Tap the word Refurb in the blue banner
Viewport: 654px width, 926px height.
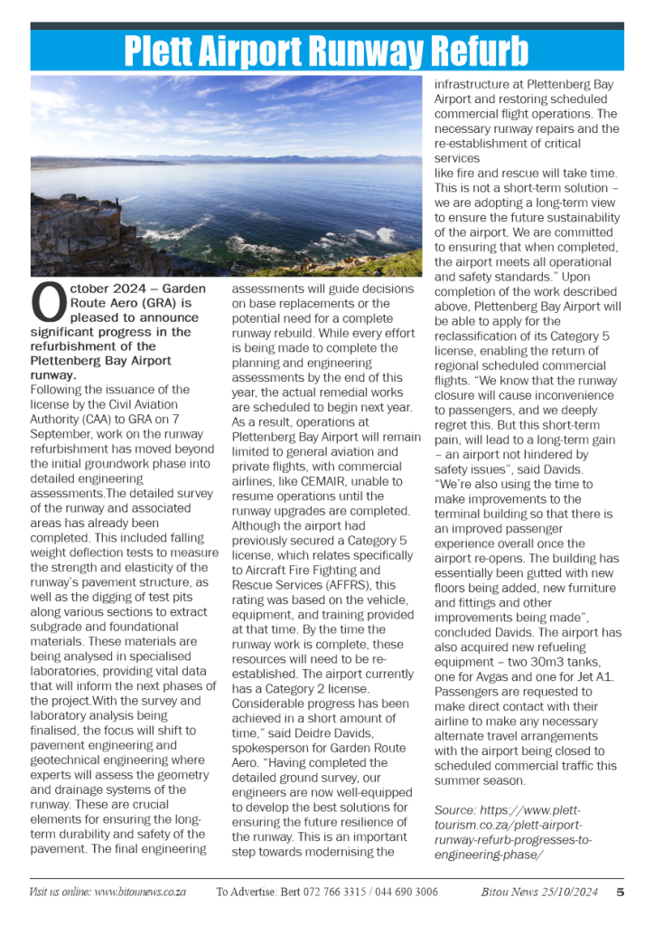[481, 52]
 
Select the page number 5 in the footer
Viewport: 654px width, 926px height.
[621, 892]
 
